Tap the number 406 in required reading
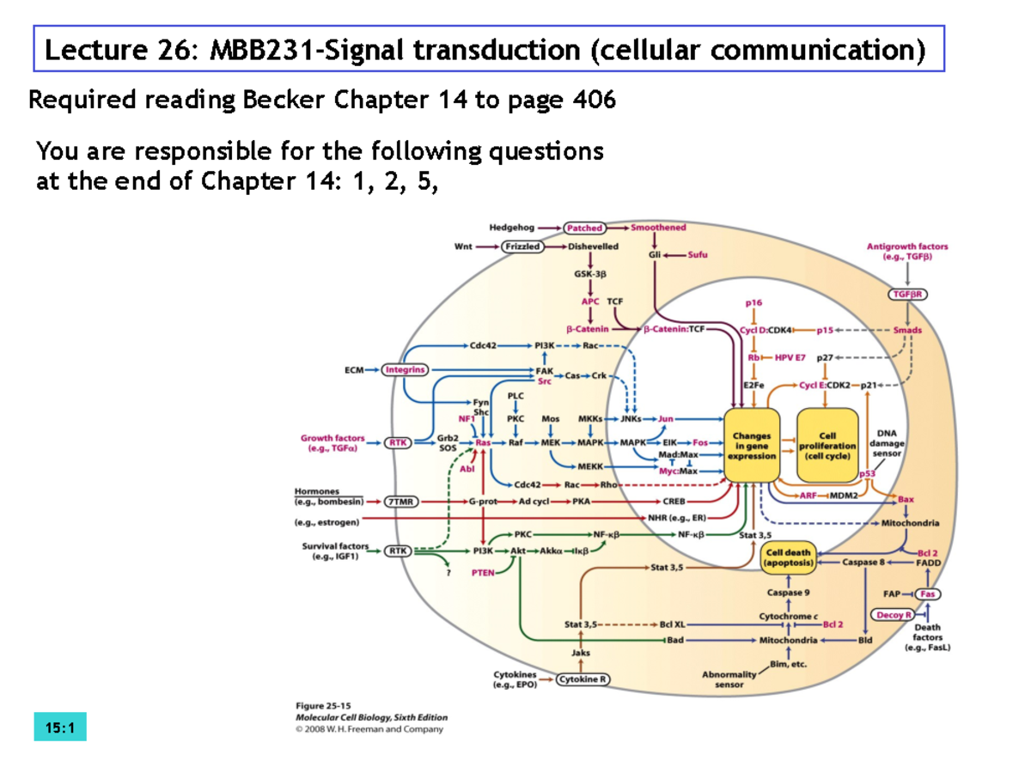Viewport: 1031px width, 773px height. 594,101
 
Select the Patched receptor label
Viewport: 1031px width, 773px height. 583,228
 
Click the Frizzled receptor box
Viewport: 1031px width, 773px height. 523,247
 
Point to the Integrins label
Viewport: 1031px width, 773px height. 406,370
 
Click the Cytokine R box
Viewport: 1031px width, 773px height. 583,679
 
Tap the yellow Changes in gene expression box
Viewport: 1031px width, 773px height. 752,446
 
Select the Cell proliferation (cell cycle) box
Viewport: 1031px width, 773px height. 827,446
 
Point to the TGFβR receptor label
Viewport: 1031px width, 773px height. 908,293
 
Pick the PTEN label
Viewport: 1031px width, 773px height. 483,573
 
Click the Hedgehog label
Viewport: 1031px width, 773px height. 512,228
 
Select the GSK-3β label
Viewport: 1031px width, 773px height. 590,274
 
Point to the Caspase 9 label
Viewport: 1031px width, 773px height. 788,592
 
